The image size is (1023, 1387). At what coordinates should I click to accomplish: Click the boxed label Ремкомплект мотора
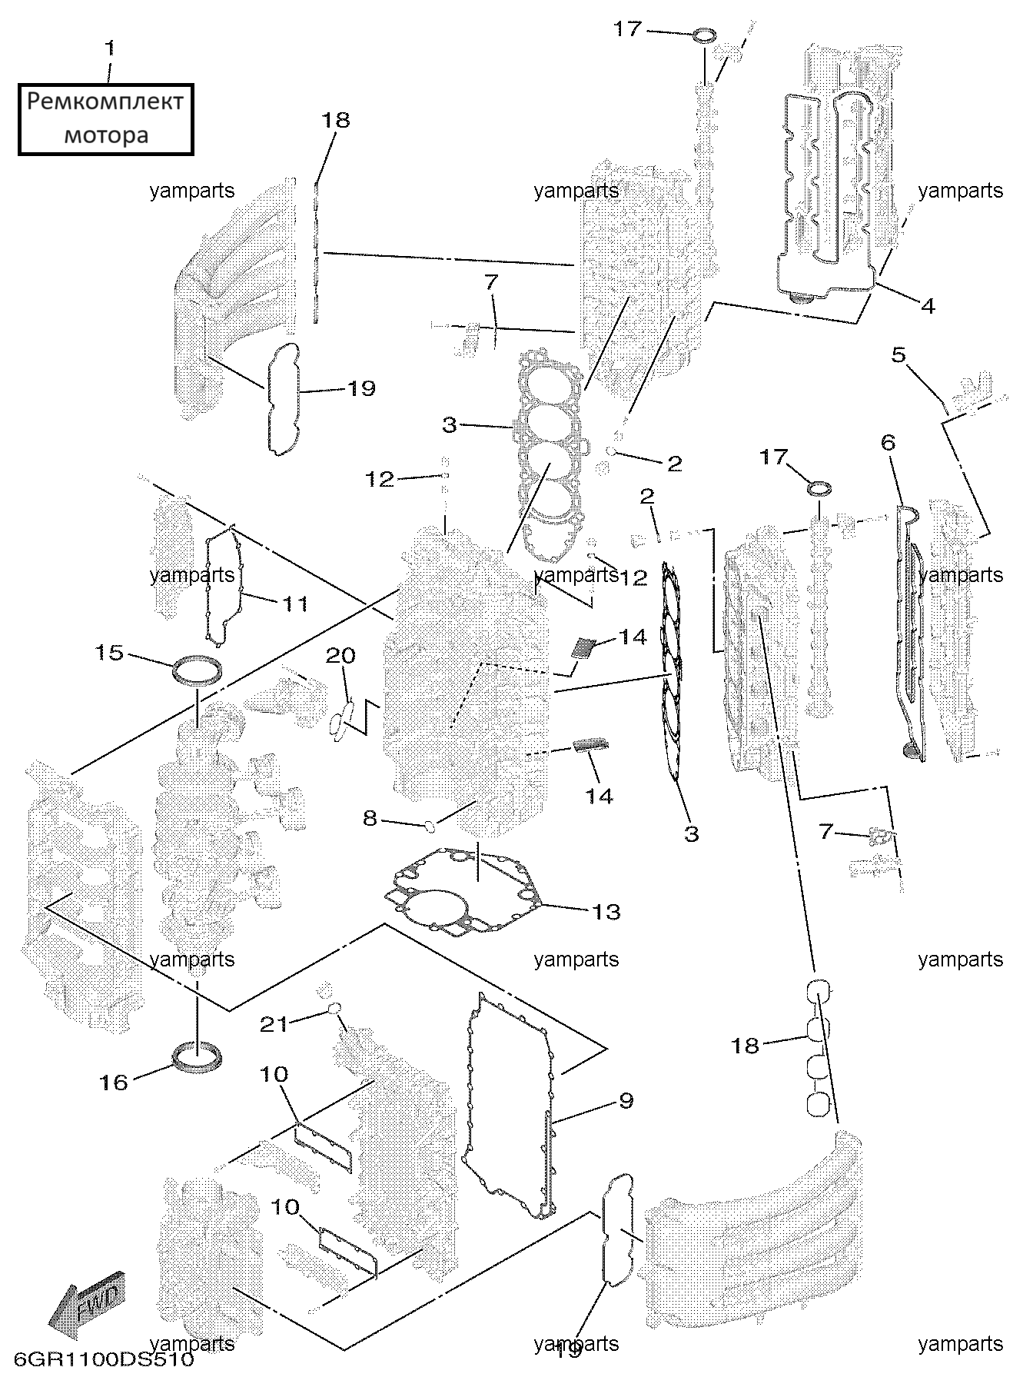pos(106,119)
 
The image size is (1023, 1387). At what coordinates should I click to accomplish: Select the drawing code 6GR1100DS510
pos(98,1359)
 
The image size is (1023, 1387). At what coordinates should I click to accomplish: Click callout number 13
pos(606,912)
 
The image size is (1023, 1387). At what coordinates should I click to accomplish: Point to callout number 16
pos(113,1083)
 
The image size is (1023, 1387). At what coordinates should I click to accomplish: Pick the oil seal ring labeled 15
pos(198,670)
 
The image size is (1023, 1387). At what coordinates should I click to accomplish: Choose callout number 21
pos(274,1024)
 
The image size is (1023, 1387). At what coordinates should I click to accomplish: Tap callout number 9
pos(626,1101)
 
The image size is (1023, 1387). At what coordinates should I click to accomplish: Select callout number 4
pos(928,306)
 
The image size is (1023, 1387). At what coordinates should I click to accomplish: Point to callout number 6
pos(888,442)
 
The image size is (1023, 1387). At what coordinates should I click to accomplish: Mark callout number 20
pos(341,656)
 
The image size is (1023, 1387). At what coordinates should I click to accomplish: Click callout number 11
pos(295,604)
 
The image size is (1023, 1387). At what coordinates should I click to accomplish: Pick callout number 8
pos(370,819)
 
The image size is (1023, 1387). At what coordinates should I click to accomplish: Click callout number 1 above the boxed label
pos(110,48)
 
